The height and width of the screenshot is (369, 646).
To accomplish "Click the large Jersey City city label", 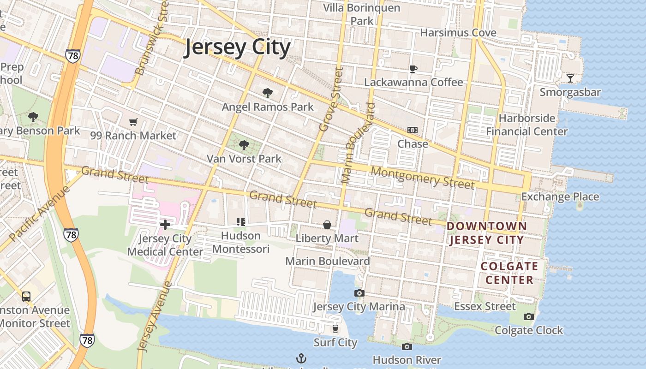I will coord(238,48).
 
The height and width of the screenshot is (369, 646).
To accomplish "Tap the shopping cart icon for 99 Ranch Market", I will coord(133,122).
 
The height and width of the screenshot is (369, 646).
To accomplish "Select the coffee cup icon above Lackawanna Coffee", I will coord(413,69).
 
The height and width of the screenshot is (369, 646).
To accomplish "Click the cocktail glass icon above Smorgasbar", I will coord(570,78).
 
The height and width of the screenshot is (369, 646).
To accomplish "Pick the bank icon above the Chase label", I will coord(413,131).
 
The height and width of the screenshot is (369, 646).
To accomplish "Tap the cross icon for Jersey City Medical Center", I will coord(165,225).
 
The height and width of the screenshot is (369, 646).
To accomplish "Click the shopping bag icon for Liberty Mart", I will coord(327,225).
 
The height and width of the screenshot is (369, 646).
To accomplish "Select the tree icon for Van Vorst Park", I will coord(244,146).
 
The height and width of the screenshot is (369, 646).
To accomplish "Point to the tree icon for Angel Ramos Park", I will coord(267,93).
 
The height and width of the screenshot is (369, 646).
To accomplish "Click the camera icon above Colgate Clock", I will coord(529,316).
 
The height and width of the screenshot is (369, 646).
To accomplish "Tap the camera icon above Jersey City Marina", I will coord(359,293).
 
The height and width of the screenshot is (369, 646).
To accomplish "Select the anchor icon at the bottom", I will coord(301,358).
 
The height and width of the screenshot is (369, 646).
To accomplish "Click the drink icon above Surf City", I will coord(335,329).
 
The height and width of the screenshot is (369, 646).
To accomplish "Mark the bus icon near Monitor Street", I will coord(26,296).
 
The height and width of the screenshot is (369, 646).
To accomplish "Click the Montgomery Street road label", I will coord(422,178).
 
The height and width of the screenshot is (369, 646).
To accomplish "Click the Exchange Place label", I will coord(560,197).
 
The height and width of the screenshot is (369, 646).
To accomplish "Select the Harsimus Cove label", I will coord(458,33).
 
